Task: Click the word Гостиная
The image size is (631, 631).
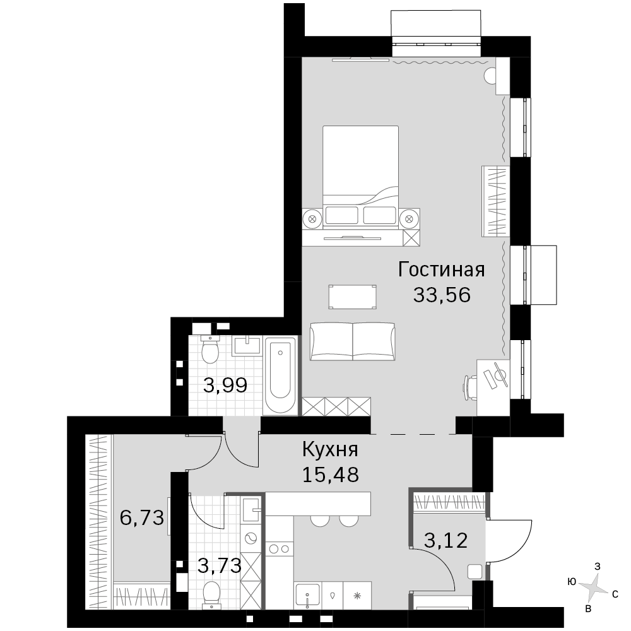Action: tap(442, 269)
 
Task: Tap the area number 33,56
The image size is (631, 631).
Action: tap(442, 295)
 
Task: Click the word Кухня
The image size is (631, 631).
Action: tap(330, 449)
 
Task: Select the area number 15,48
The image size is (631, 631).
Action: tap(331, 475)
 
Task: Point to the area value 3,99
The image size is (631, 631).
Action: tap(225, 386)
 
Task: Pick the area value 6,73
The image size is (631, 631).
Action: tap(142, 517)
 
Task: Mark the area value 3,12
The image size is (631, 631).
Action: tap(446, 541)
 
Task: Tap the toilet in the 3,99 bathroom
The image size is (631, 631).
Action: tap(209, 348)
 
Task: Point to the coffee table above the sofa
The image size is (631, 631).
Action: tap(353, 297)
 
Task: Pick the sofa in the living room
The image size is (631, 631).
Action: tap(353, 341)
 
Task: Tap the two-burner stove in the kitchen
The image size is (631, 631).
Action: tap(280, 548)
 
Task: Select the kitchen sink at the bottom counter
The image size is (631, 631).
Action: tap(307, 595)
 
